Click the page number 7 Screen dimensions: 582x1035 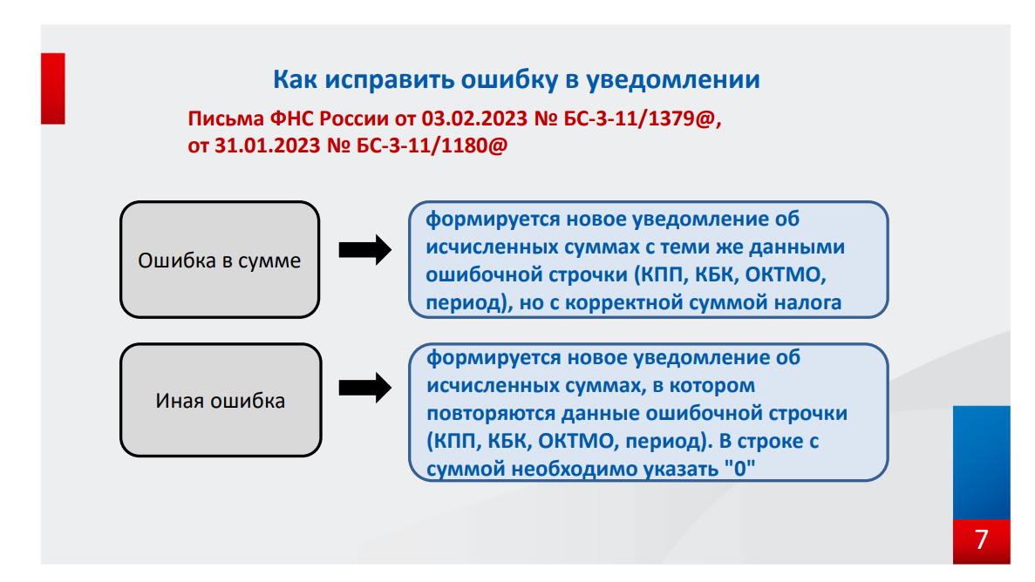point(982,540)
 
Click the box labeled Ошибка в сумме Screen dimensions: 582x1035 point(220,260)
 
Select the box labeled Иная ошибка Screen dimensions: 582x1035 point(220,401)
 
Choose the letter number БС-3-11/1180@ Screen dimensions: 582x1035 point(432,146)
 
